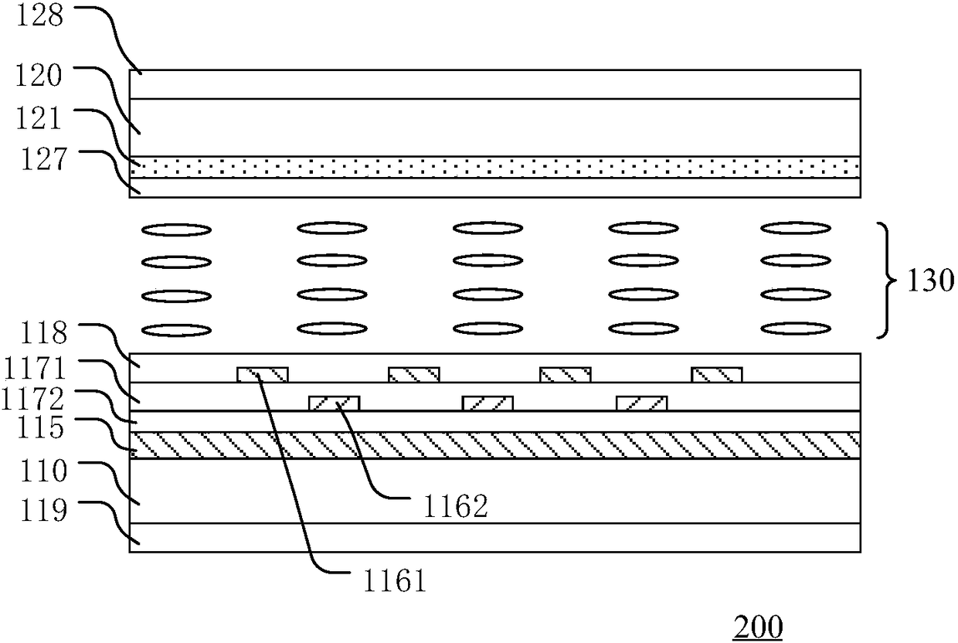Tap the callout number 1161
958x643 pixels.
(392, 580)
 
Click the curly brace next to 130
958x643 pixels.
(887, 280)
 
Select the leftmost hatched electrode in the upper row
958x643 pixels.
(262, 375)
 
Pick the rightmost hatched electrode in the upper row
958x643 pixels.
(717, 375)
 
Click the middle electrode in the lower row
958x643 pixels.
(487, 403)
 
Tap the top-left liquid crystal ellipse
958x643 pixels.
(177, 229)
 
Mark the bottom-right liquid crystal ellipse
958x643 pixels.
(796, 329)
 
